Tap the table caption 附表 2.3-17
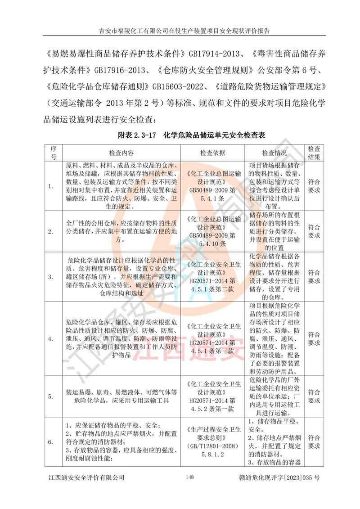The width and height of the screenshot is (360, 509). pos(138,135)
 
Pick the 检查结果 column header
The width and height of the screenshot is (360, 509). pos(314,152)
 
